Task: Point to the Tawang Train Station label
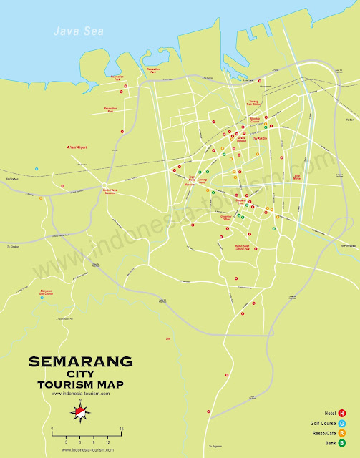click(x=252, y=102)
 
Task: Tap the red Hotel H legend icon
click(x=343, y=413)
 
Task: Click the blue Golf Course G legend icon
click(x=343, y=423)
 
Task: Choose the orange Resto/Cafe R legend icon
click(x=343, y=433)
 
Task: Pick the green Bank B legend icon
click(x=343, y=443)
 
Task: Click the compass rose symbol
click(x=81, y=411)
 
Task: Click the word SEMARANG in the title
click(x=80, y=361)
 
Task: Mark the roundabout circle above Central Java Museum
click(x=105, y=184)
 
